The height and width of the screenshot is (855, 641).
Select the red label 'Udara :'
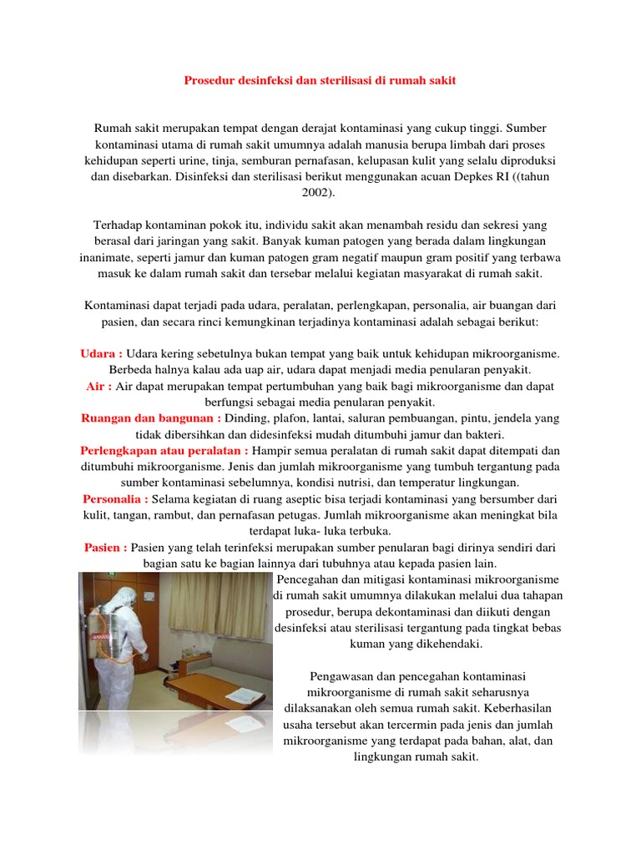tap(102, 354)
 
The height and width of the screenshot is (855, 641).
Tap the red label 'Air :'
tap(99, 387)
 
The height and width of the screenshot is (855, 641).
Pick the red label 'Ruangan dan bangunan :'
tap(151, 419)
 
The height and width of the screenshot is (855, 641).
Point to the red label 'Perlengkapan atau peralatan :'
tap(164, 451)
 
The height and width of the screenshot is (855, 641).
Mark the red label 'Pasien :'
tap(105, 547)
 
